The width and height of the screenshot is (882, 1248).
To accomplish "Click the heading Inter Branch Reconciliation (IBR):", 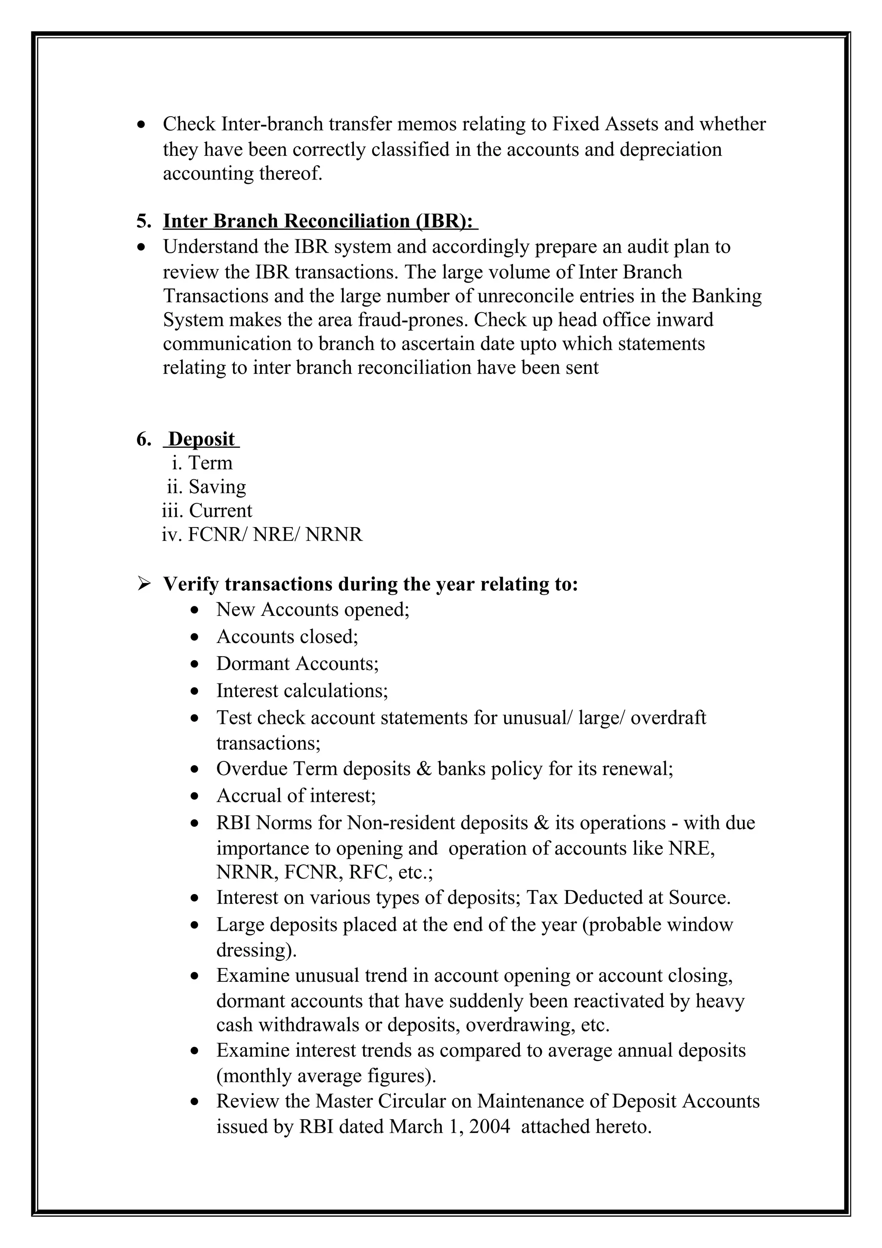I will pos(320,221).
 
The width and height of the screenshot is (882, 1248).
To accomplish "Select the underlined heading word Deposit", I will pos(202,439).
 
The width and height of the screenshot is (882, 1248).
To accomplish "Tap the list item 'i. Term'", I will pos(202,463).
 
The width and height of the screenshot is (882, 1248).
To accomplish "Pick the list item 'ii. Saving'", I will pos(207,487).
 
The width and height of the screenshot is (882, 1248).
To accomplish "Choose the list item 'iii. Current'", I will pos(207,511).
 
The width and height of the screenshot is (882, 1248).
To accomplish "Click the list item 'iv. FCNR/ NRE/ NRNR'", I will pos(262,535).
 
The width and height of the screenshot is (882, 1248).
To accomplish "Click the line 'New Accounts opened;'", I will pos(313,610).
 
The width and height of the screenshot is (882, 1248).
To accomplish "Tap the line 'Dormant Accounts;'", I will pos(297,664).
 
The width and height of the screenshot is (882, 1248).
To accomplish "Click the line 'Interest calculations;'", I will pos(302,691).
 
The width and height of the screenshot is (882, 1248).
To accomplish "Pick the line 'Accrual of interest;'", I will pos(296,796).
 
